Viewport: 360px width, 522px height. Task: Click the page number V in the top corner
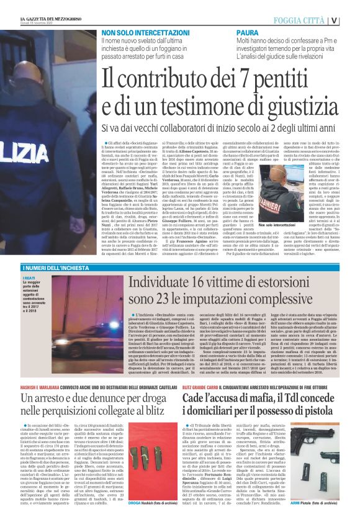coord(352,19)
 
